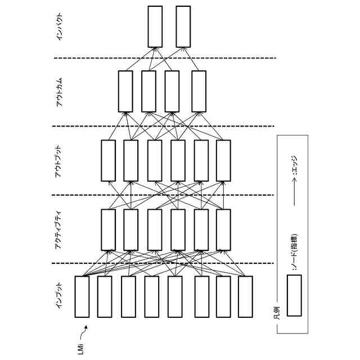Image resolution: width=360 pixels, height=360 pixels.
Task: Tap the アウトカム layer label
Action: coord(60,92)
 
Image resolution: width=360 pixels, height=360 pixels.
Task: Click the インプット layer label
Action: coord(58,296)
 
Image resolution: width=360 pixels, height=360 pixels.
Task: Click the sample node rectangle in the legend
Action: coord(295,295)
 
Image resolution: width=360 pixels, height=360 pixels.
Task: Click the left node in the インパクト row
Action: coord(155,26)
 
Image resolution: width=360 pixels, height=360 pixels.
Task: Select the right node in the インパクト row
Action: coord(183,26)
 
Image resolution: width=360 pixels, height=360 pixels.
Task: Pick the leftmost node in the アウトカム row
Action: coord(126,91)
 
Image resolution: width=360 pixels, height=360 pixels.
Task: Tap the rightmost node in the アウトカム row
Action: coord(199,91)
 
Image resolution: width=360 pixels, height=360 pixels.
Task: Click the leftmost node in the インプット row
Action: coord(82,296)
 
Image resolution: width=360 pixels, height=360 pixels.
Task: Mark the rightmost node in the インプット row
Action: coord(245,296)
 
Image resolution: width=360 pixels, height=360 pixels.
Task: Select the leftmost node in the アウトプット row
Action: coord(108,160)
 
